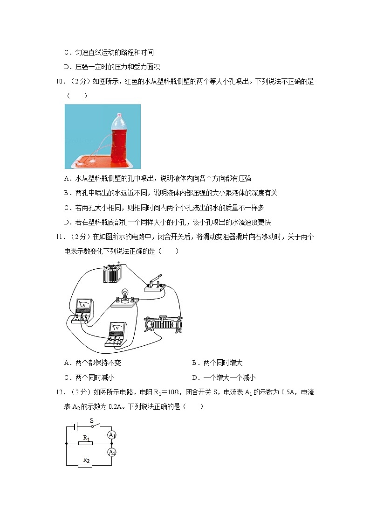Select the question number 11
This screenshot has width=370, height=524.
(x=61, y=237)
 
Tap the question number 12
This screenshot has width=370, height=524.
(x=61, y=392)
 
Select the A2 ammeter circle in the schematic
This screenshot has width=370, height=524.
(x=111, y=452)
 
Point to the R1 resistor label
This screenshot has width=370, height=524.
(x=86, y=438)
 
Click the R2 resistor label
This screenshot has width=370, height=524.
(x=86, y=460)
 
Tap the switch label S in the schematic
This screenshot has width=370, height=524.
(x=92, y=420)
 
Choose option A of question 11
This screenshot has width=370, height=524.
(x=93, y=363)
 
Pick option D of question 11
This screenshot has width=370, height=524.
(x=223, y=377)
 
